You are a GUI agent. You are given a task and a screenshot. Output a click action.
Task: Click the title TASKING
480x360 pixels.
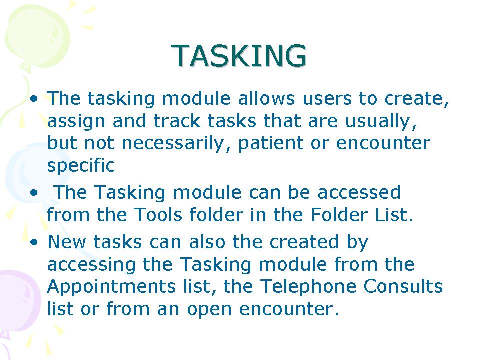tap(239, 55)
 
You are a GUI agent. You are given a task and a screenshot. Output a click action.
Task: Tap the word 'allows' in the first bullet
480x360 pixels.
tap(266, 98)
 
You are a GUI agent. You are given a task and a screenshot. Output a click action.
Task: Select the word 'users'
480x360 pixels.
tap(327, 99)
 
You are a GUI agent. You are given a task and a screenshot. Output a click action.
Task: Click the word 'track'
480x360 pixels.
tap(177, 121)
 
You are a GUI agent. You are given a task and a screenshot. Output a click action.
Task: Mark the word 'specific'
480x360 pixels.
tap(81, 166)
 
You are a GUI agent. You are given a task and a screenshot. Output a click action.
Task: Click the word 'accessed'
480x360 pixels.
tap(359, 193)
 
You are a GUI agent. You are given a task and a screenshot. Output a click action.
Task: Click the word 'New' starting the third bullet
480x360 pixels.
tap(66, 242)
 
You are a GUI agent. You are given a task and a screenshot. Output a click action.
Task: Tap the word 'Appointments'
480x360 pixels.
tap(111, 287)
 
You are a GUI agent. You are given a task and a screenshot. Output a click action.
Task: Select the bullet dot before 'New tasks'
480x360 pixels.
tap(34, 242)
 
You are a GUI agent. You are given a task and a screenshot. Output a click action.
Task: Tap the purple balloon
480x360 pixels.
tap(19, 300)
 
